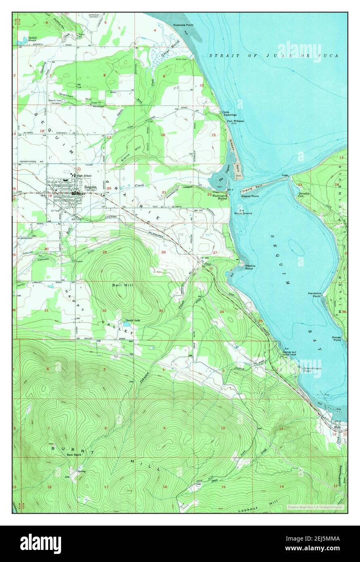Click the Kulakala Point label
183,25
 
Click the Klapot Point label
250,196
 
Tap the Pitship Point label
249,267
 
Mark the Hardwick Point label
313,294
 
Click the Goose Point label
336,339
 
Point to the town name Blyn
337,427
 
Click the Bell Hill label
120,285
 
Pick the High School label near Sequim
84,175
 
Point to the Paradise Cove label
304,195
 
